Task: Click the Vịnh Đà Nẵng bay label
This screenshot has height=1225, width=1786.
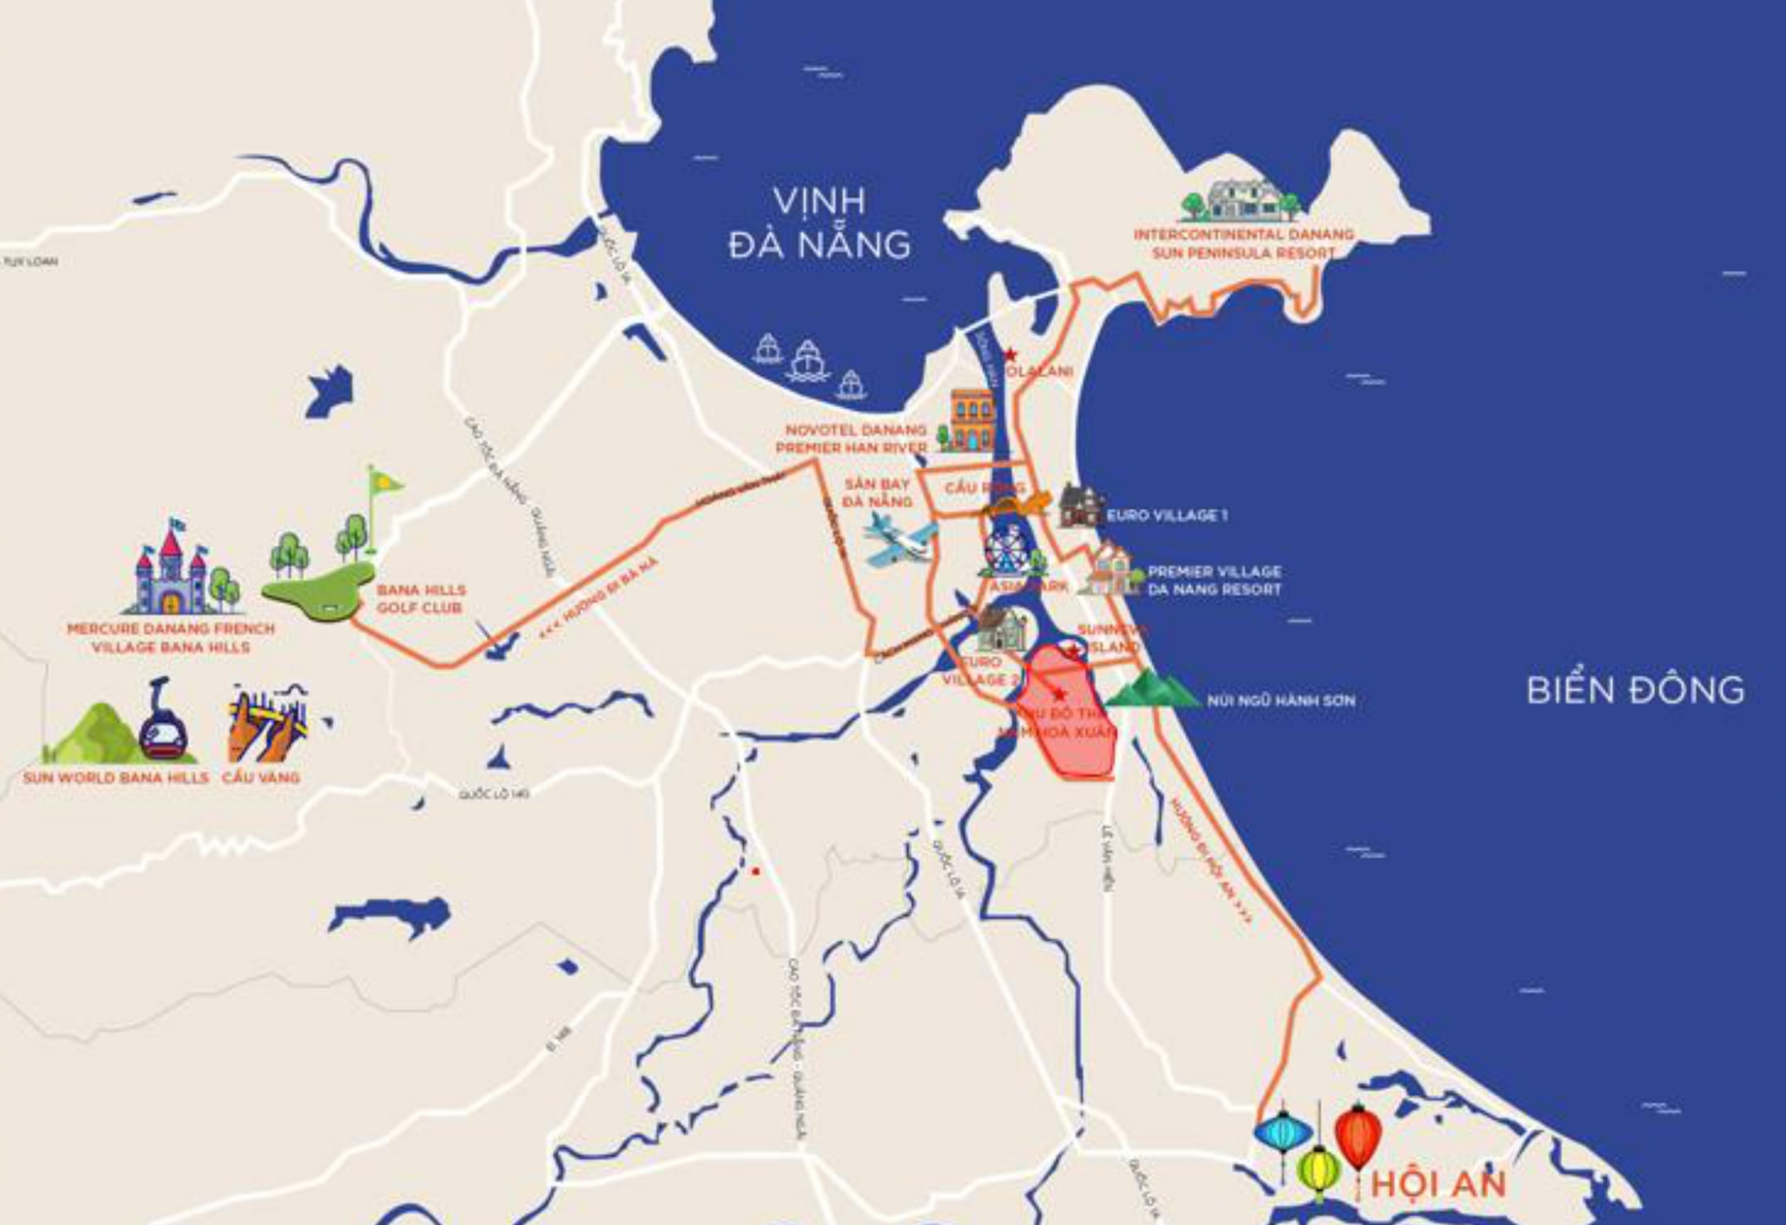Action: pos(820,223)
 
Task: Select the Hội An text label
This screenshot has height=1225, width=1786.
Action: pos(1438,1183)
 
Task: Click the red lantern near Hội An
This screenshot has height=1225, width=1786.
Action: pos(1359,1135)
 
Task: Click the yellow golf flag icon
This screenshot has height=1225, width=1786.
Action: pos(383,484)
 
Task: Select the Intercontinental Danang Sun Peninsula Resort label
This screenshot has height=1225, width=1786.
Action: pos(1243,244)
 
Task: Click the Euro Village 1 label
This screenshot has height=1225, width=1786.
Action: pos(1166,516)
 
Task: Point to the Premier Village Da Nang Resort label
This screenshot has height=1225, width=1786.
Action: pos(1213,581)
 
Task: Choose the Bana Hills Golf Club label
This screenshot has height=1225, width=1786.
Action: pos(421,598)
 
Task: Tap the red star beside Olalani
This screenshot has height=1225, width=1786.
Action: pos(1010,354)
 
